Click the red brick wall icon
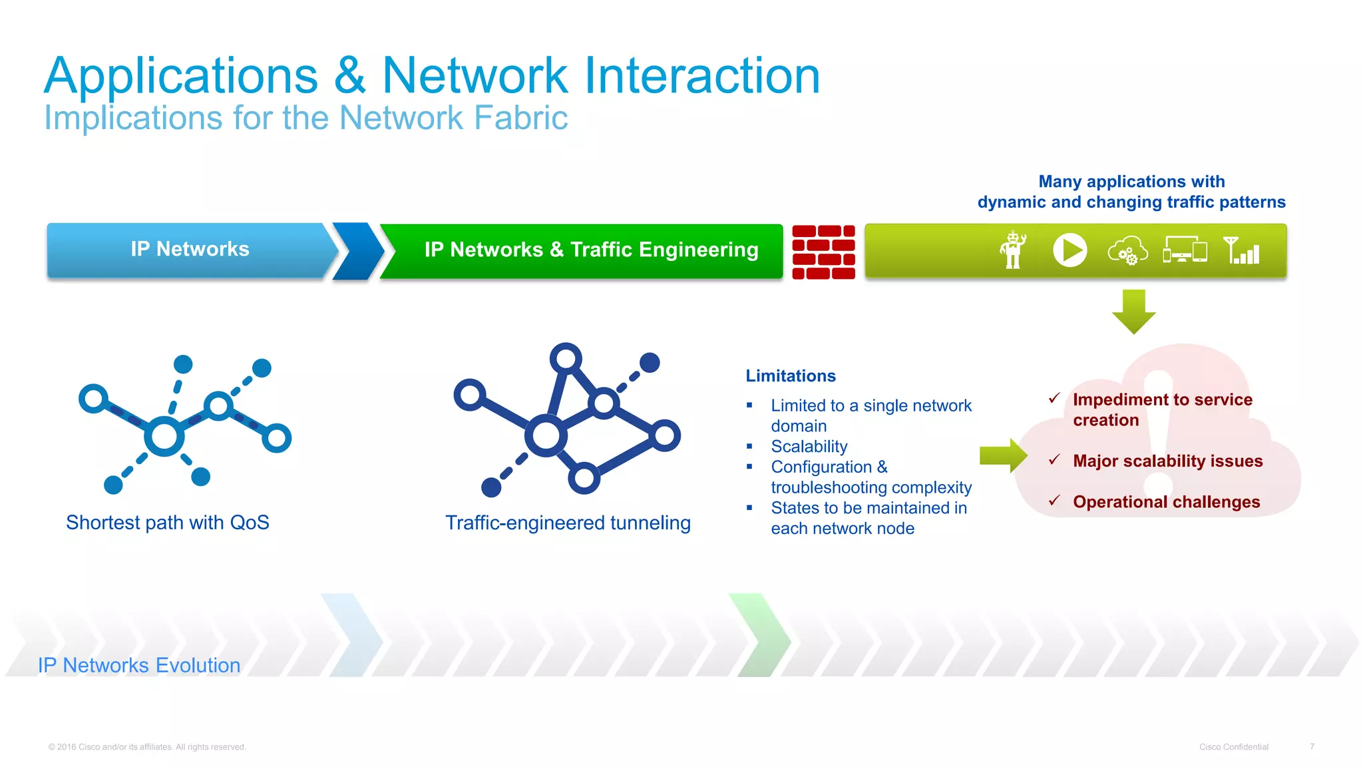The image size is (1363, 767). point(823,252)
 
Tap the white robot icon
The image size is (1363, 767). point(1012,250)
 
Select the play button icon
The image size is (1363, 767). point(1070,250)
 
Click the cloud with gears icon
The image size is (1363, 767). point(1127,252)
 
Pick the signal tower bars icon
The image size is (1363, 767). point(1242,250)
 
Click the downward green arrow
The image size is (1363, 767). point(1133,311)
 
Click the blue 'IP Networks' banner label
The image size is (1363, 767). point(190,249)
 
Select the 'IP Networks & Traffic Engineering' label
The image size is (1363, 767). point(591,250)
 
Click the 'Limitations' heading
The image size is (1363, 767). point(790,376)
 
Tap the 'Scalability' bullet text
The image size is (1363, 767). point(809,446)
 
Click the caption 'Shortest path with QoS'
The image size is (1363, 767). point(168,523)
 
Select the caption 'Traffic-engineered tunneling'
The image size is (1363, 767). point(568,523)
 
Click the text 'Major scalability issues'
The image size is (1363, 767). point(1167,461)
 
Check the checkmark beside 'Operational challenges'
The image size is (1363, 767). point(1054,501)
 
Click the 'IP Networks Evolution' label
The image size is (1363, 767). point(139,665)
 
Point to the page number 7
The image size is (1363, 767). point(1312,747)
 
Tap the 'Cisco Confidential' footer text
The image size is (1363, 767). point(1233,747)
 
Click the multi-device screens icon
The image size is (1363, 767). point(1185,251)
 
